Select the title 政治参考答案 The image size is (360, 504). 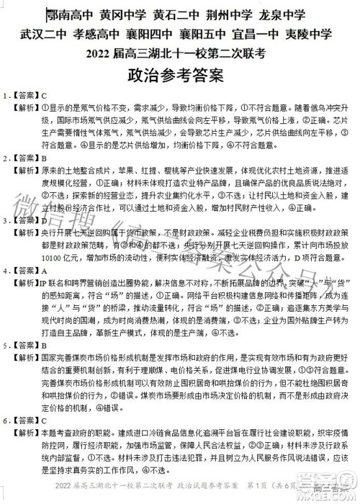pos(180,76)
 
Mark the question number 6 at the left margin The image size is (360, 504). pos(6,420)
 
